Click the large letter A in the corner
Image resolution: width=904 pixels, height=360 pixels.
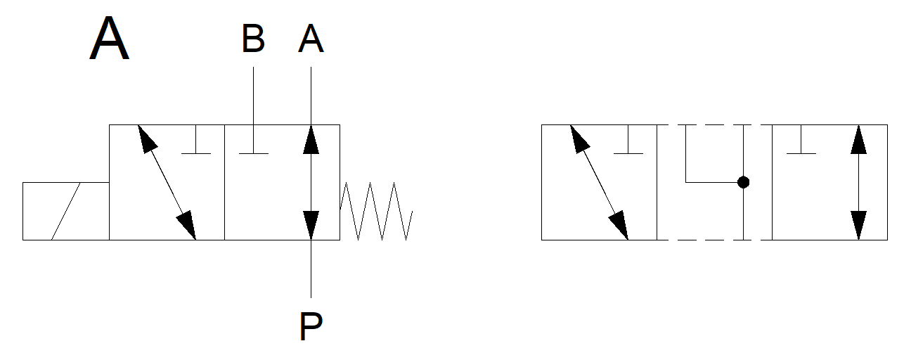(x=110, y=40)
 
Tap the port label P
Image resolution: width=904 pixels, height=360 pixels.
(x=311, y=326)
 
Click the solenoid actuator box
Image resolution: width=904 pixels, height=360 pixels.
(x=65, y=211)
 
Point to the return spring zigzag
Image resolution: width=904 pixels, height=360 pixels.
(x=376, y=211)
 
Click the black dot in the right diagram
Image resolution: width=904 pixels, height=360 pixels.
(x=743, y=182)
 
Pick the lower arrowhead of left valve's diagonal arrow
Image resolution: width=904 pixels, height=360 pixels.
(x=187, y=225)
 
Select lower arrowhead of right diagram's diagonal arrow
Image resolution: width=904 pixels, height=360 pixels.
(x=619, y=225)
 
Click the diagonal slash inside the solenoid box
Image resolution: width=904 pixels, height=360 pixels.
(x=65, y=211)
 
